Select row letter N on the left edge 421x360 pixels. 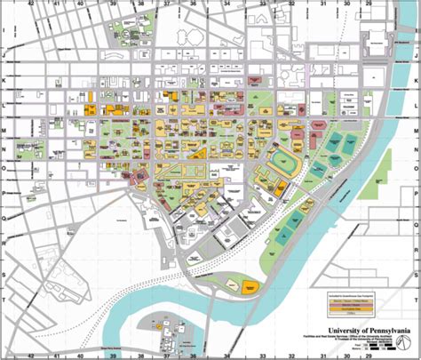(x=4, y=144)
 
